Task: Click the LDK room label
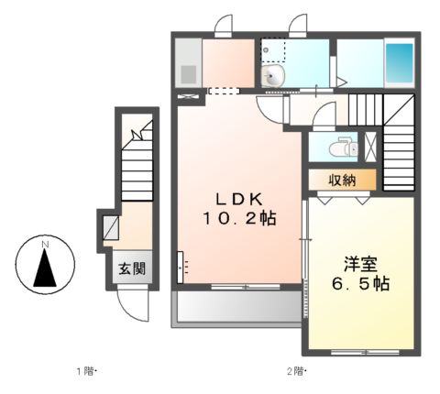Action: point(239,200)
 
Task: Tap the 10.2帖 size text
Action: point(239,219)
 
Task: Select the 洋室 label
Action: point(360,265)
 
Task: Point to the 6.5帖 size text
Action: point(360,284)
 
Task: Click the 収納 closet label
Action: point(342,181)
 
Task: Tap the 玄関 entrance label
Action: point(132,268)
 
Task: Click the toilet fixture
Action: point(343,147)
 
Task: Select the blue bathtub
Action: point(399,63)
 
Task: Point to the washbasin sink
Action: point(273,76)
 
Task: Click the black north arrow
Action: point(45,268)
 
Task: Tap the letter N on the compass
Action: point(45,245)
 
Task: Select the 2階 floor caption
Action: point(296,371)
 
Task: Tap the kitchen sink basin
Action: point(189,74)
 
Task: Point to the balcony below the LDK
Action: point(236,306)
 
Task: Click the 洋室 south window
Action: point(365,352)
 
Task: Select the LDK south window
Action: point(246,287)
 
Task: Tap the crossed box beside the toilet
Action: point(371,147)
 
